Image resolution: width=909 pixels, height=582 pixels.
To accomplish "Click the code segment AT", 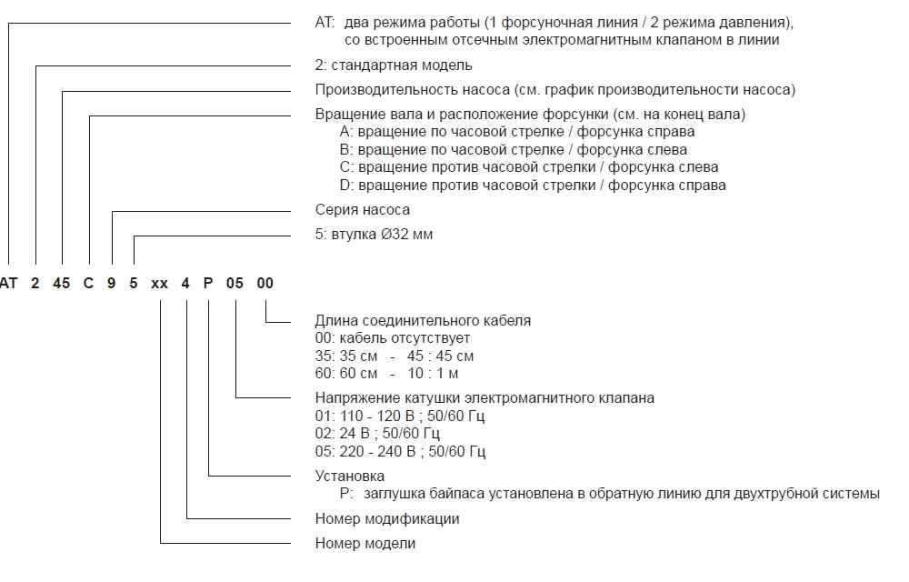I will [x=8, y=283].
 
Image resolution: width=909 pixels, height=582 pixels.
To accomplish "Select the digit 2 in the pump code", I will [x=35, y=283].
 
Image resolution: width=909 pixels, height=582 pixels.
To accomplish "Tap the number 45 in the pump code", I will [x=62, y=283].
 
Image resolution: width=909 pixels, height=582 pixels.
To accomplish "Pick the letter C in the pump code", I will [x=89, y=283].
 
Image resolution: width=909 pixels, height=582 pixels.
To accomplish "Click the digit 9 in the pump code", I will [x=112, y=283].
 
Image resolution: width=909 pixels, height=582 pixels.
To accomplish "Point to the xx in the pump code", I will [x=160, y=283].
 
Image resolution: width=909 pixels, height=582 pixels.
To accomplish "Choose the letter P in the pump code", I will [x=209, y=283].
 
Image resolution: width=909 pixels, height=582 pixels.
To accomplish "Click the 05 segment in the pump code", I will [x=235, y=283].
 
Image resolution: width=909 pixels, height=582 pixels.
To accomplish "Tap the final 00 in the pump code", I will [x=265, y=283].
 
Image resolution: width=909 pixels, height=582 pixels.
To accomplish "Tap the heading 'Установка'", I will [x=350, y=476].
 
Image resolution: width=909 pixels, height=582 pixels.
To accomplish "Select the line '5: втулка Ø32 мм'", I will [x=375, y=235].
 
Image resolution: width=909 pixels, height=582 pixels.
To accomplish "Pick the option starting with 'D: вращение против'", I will [x=533, y=186].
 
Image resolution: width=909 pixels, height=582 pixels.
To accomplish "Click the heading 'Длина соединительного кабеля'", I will [x=423, y=320].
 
